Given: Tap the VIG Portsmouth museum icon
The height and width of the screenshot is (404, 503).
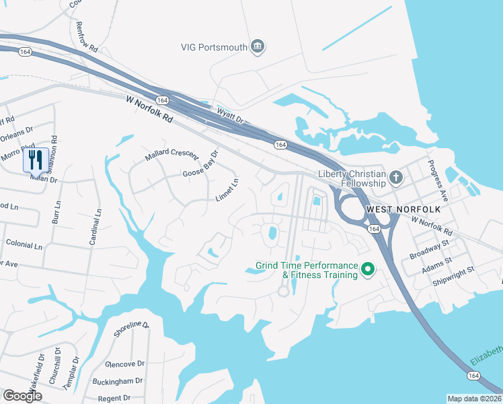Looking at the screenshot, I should pos(258,46).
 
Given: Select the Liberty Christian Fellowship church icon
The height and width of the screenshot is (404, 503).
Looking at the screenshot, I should pos(397,178).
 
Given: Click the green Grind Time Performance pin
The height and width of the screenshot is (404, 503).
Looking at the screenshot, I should pos(367,270).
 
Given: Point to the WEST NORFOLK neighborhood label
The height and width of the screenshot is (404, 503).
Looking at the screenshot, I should pos(403,210).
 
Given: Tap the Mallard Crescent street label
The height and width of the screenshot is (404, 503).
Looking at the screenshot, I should pos(172,156).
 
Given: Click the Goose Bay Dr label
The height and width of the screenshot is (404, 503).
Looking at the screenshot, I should pos(201,167).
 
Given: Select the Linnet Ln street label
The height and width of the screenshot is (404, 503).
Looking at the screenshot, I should pos(227,189).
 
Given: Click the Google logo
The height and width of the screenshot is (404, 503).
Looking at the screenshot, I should pos(22,396).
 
